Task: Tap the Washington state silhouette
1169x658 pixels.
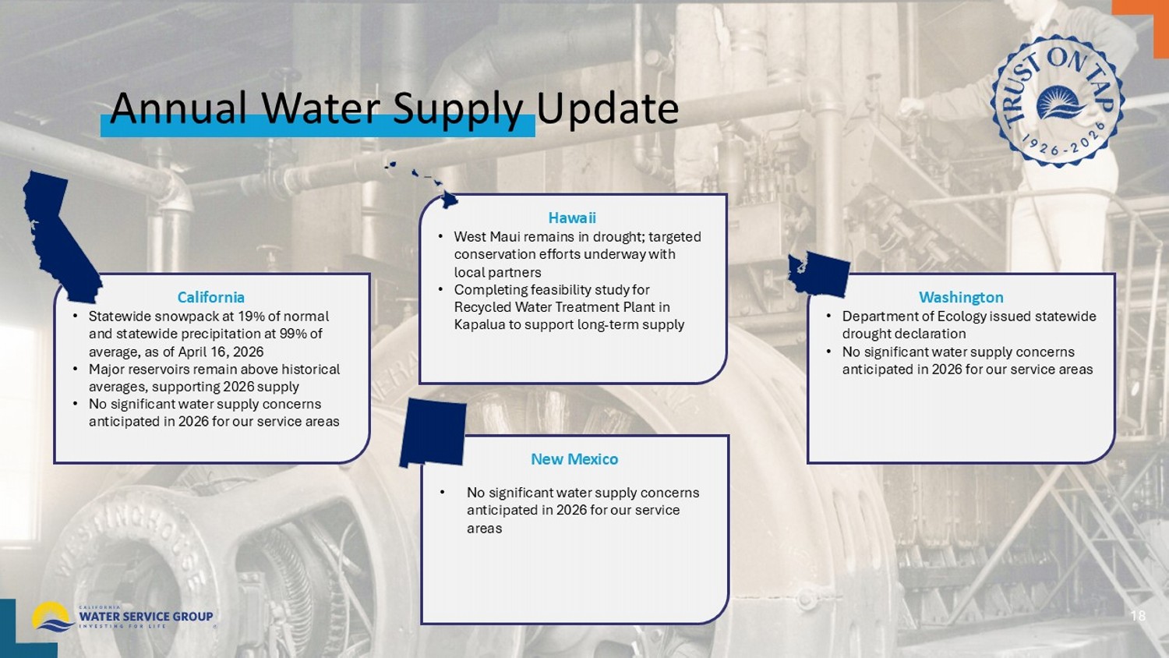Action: click(818, 274)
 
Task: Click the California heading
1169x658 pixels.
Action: click(211, 297)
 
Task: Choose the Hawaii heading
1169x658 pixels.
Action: click(572, 218)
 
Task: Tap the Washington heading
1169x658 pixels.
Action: click(961, 297)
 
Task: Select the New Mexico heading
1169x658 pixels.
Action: click(574, 459)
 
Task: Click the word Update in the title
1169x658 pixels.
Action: click(608, 108)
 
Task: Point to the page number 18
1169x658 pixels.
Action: click(1138, 616)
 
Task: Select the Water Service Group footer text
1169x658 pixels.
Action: click(147, 616)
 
